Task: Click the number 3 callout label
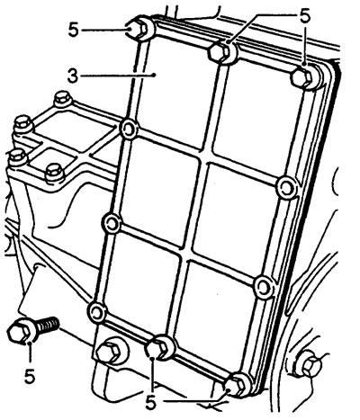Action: [73, 76]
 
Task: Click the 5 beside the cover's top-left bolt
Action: [74, 31]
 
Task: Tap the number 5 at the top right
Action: [305, 17]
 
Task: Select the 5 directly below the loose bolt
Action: [30, 376]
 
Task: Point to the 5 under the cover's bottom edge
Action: [151, 402]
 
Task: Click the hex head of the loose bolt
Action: [20, 332]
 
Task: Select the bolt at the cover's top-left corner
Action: [140, 29]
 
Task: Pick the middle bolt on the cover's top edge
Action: [222, 51]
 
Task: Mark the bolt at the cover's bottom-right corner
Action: [238, 386]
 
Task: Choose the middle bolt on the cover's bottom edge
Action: [161, 348]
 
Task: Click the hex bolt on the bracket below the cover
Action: [111, 352]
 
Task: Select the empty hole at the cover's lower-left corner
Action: [97, 313]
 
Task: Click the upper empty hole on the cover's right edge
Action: [286, 188]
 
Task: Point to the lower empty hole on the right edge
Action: [264, 287]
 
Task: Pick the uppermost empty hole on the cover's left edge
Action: [129, 130]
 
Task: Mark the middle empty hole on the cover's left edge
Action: [112, 223]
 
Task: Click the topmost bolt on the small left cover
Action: [62, 98]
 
